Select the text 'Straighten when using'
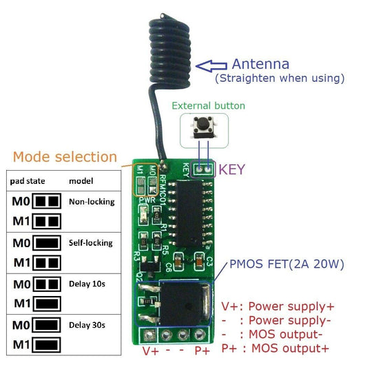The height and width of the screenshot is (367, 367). tap(280, 78)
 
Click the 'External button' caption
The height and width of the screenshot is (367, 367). tap(208, 106)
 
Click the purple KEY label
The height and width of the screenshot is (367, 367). tap(231, 169)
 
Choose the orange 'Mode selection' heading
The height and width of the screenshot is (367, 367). tap(65, 157)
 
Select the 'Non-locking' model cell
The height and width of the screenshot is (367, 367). tap(92, 202)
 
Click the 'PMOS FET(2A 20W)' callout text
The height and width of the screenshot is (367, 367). tap(286, 264)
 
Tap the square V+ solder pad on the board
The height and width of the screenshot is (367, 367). tap(151, 335)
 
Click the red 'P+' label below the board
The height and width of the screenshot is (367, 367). tap(202, 350)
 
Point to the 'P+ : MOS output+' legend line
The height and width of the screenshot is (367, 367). tap(275, 348)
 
